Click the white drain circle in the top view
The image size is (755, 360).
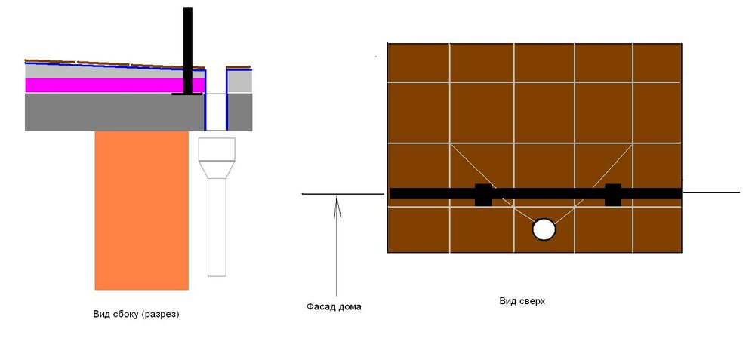pyautogui.click(x=544, y=229)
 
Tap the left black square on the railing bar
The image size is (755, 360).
pyautogui.click(x=483, y=195)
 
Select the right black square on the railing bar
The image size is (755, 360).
pyautogui.click(x=613, y=195)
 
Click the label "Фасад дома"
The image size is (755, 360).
pyautogui.click(x=334, y=306)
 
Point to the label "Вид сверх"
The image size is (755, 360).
pyautogui.click(x=522, y=301)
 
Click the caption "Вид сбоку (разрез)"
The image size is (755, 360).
pyautogui.click(x=136, y=315)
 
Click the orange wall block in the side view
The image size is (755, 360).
pyautogui.click(x=142, y=211)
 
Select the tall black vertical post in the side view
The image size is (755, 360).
pyautogui.click(x=188, y=50)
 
